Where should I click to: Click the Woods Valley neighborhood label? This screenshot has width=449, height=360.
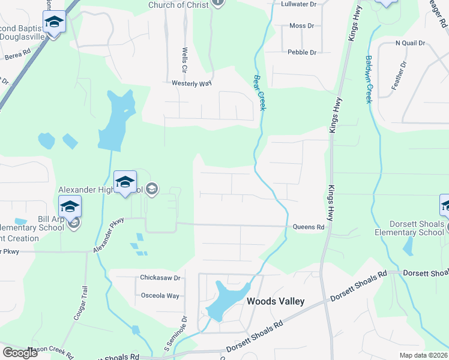point(276,301)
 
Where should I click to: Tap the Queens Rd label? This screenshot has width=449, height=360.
point(309,227)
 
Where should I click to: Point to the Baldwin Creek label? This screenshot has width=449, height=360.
point(369,79)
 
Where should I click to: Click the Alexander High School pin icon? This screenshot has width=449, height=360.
point(125,182)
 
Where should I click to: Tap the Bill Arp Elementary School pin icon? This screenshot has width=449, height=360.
point(70,207)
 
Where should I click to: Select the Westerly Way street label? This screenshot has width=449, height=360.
point(192,83)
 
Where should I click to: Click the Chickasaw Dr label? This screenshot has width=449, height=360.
point(160,278)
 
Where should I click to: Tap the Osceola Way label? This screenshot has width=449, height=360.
point(160,296)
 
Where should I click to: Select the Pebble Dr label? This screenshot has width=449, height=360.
point(302,52)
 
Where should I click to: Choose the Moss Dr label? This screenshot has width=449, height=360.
point(301,26)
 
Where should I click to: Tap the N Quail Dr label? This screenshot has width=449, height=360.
point(410,43)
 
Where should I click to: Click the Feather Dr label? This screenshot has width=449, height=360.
point(399,76)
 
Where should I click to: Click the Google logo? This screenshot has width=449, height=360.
point(20,353)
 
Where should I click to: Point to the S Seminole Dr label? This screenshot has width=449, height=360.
point(176,339)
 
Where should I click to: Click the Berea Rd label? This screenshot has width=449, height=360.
point(17,54)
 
